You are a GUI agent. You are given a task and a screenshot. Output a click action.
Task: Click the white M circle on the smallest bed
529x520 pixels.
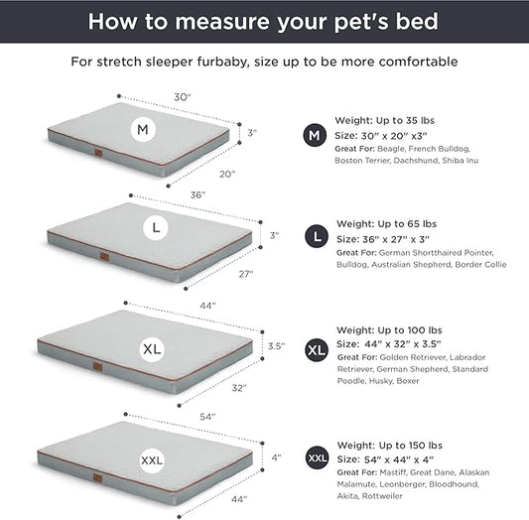coord(142,129)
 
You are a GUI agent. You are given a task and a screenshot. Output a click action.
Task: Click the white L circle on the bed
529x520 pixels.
coord(154,228)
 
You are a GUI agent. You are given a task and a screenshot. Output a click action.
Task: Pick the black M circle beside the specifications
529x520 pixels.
coord(315,135)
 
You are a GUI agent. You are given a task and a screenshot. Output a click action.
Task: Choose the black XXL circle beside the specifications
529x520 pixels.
coord(317,458)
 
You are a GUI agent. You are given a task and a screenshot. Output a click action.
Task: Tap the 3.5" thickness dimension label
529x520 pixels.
coord(276,346)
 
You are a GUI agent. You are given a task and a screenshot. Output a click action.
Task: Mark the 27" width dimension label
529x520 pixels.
coord(245,273)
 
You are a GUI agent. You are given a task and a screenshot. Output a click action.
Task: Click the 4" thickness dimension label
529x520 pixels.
coord(276,457)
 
